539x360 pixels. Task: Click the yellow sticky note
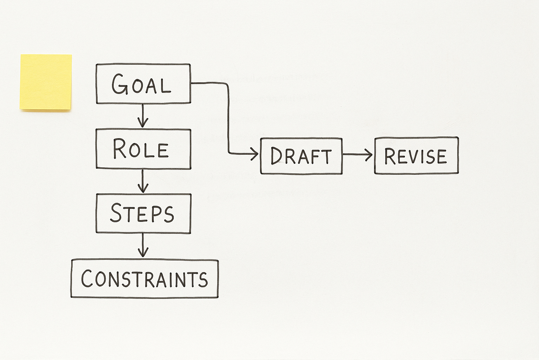click(46, 82)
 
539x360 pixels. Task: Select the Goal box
click(143, 84)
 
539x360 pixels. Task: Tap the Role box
click(143, 149)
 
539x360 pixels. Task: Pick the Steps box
click(143, 213)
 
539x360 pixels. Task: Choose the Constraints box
click(145, 279)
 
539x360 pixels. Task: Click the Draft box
click(301, 156)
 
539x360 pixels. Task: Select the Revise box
click(416, 155)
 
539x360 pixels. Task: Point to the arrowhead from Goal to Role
click(142, 123)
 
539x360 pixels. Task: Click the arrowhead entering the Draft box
click(255, 154)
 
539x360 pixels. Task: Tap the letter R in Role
click(120, 149)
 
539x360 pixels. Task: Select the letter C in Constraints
click(87, 279)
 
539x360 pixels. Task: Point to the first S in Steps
click(116, 213)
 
